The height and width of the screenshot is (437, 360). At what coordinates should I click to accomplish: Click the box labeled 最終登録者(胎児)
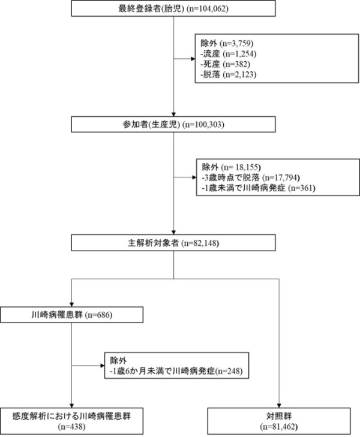point(173,8)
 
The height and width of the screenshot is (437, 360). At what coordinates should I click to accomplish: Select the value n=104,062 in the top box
point(207,8)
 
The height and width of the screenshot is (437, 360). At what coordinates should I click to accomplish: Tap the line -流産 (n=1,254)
point(229,53)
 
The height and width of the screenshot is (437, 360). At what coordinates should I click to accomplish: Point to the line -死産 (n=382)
point(226,64)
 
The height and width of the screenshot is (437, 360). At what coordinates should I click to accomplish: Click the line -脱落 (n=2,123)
point(229,74)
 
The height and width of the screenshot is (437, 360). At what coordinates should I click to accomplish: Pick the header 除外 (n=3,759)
point(227,43)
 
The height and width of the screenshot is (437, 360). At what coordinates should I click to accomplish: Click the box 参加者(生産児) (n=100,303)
point(173,124)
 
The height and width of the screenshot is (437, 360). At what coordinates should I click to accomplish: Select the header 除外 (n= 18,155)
point(232,167)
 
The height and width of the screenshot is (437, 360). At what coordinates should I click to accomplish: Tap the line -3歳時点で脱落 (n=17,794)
point(251,177)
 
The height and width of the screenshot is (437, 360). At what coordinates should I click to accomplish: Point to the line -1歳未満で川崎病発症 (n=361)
point(259,188)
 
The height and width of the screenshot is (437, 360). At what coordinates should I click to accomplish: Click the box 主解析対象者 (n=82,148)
point(173,243)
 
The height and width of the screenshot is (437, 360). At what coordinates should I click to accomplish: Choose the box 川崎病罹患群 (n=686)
point(71,315)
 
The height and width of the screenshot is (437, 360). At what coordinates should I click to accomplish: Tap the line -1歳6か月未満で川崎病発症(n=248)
point(176,371)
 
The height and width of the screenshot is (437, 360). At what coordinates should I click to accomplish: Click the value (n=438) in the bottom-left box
point(71,427)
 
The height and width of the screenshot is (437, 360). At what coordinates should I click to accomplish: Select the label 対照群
point(279,417)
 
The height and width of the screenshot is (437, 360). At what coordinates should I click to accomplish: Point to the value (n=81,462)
point(279,427)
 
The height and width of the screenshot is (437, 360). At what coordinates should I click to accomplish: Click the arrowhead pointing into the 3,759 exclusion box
point(193,59)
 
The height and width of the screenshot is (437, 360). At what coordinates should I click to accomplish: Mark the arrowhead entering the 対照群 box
point(279,405)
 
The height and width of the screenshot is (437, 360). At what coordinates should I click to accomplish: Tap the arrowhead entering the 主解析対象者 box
point(173,233)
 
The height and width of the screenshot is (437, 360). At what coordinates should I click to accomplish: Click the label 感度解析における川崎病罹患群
point(71,417)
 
